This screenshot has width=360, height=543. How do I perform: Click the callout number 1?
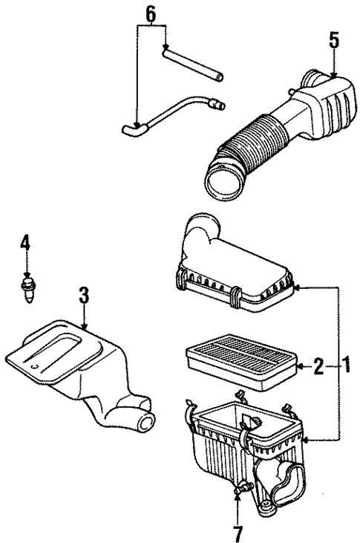point(344,365)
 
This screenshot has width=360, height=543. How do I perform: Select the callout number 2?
point(317,365)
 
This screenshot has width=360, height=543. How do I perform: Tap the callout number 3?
point(84,296)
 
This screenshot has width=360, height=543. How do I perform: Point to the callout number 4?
point(25,242)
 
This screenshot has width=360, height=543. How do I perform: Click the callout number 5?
point(334,41)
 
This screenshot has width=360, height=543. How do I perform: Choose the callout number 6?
point(151,13)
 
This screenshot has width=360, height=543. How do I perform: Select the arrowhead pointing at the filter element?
point(301,365)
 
